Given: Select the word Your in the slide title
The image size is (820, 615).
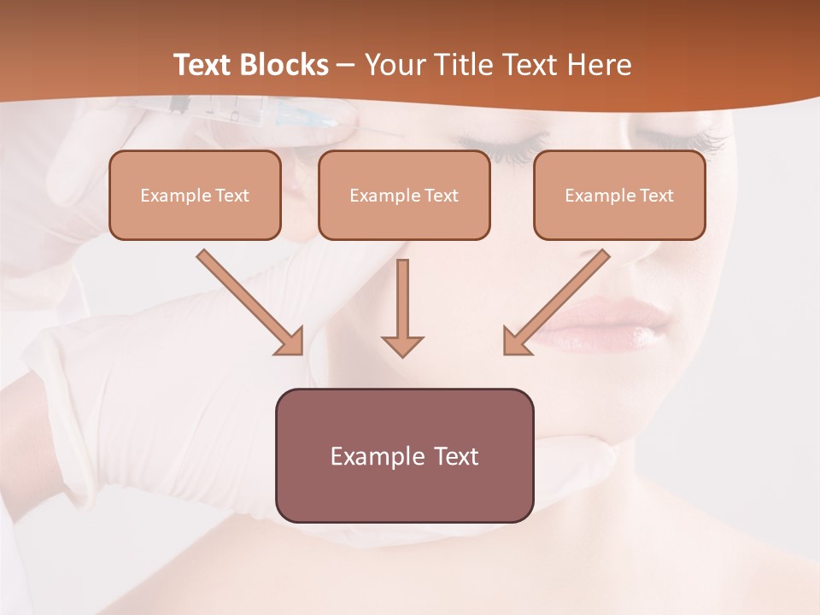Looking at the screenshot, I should (x=394, y=65).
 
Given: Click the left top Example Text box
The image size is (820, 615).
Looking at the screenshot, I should (x=195, y=195).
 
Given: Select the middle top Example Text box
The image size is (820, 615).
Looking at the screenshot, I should (x=404, y=195).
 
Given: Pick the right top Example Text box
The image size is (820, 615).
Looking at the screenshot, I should (x=619, y=195).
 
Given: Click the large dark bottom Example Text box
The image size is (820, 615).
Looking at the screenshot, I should (x=404, y=455).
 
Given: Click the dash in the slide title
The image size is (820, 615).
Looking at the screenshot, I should (x=346, y=65).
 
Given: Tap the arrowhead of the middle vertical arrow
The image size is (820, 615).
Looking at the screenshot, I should (x=402, y=346).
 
